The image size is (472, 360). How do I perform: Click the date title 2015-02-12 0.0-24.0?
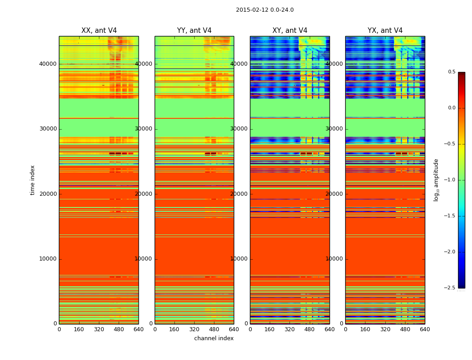[x=265, y=10]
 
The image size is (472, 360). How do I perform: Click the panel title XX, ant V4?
[x=99, y=31]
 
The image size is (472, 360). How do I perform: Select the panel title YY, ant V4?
[x=194, y=31]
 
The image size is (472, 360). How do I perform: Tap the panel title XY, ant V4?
[x=290, y=31]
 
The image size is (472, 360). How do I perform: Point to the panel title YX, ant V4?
[x=385, y=31]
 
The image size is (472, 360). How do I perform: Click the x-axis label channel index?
[x=214, y=338]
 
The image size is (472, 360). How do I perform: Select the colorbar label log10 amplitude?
[x=436, y=180]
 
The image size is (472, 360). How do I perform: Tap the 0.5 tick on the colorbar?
[x=451, y=72]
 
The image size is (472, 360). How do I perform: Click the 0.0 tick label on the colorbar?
[x=451, y=108]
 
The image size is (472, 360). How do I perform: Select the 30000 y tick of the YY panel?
[x=144, y=129]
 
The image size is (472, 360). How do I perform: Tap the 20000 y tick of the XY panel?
[x=239, y=194]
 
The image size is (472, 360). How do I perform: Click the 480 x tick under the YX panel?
[x=405, y=329]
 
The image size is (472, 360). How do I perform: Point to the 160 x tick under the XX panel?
[x=79, y=329]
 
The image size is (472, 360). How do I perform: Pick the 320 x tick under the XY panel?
[x=290, y=329]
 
